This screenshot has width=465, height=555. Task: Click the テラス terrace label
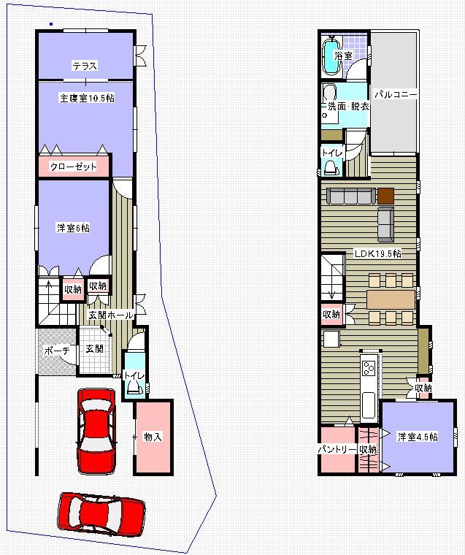[85, 66]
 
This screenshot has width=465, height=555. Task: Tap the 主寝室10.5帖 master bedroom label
[86, 98]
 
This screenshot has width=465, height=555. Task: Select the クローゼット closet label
[73, 167]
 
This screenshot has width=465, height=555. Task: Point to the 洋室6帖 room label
[74, 228]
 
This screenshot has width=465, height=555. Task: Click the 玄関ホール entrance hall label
[111, 315]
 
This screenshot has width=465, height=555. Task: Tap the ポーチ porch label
[56, 351]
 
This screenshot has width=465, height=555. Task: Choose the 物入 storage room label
[153, 437]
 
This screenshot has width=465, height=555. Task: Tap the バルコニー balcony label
[396, 94]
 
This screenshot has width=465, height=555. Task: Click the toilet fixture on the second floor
[331, 167]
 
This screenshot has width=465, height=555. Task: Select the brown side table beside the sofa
[385, 195]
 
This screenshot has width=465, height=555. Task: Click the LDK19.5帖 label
[377, 254]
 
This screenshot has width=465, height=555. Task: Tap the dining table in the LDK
[391, 299]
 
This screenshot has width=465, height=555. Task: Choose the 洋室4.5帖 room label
[418, 437]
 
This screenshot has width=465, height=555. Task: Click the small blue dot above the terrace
[50, 24]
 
